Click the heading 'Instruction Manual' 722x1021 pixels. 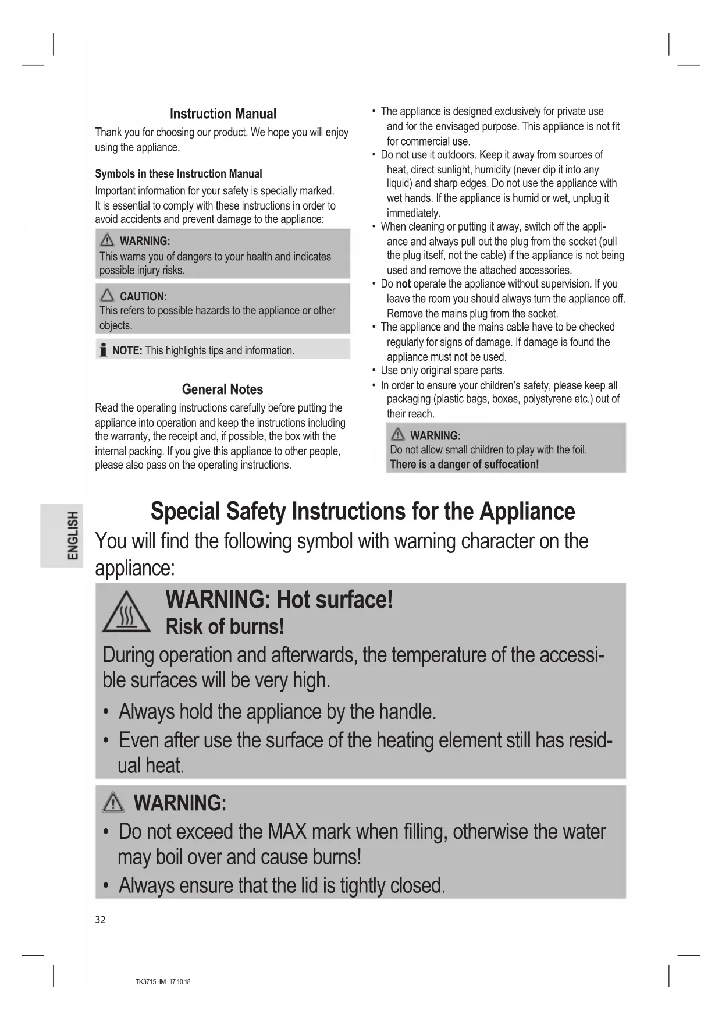(x=223, y=114)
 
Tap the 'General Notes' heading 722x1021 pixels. (x=222, y=389)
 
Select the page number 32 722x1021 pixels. (x=100, y=920)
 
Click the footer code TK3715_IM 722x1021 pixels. (x=151, y=982)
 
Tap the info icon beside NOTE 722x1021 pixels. (x=103, y=350)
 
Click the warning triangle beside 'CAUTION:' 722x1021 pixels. (x=107, y=296)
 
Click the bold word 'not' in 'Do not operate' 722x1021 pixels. (x=403, y=284)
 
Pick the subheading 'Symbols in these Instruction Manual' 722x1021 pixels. (x=178, y=173)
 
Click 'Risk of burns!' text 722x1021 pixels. (x=225, y=627)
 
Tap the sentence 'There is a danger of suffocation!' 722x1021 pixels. (x=464, y=465)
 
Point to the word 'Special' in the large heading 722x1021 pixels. (x=185, y=512)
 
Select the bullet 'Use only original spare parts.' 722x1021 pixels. (x=442, y=371)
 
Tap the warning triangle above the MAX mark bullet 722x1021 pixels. (x=113, y=803)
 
